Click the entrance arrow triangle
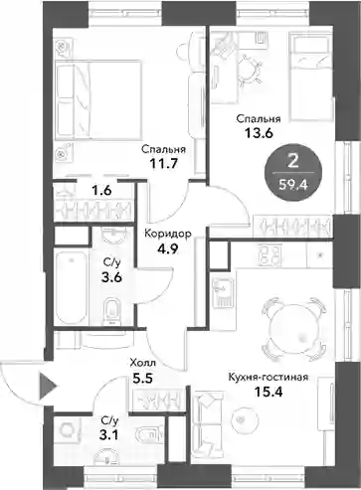pyautogui.click(x=47, y=386)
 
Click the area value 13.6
pyautogui.click(x=259, y=133)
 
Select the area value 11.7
pyautogui.click(x=163, y=164)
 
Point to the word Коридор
pyautogui.click(x=168, y=234)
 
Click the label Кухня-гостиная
pyautogui.click(x=269, y=377)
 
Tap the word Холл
pyautogui.click(x=142, y=363)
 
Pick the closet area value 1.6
pyautogui.click(x=101, y=191)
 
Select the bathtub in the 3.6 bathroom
pyautogui.click(x=72, y=287)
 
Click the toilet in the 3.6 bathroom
pyautogui.click(x=112, y=311)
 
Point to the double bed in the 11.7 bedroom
pyautogui.click(x=98, y=100)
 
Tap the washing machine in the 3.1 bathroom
pyautogui.click(x=69, y=430)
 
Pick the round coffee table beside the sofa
pyautogui.click(x=241, y=419)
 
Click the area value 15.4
pyautogui.click(x=268, y=393)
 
